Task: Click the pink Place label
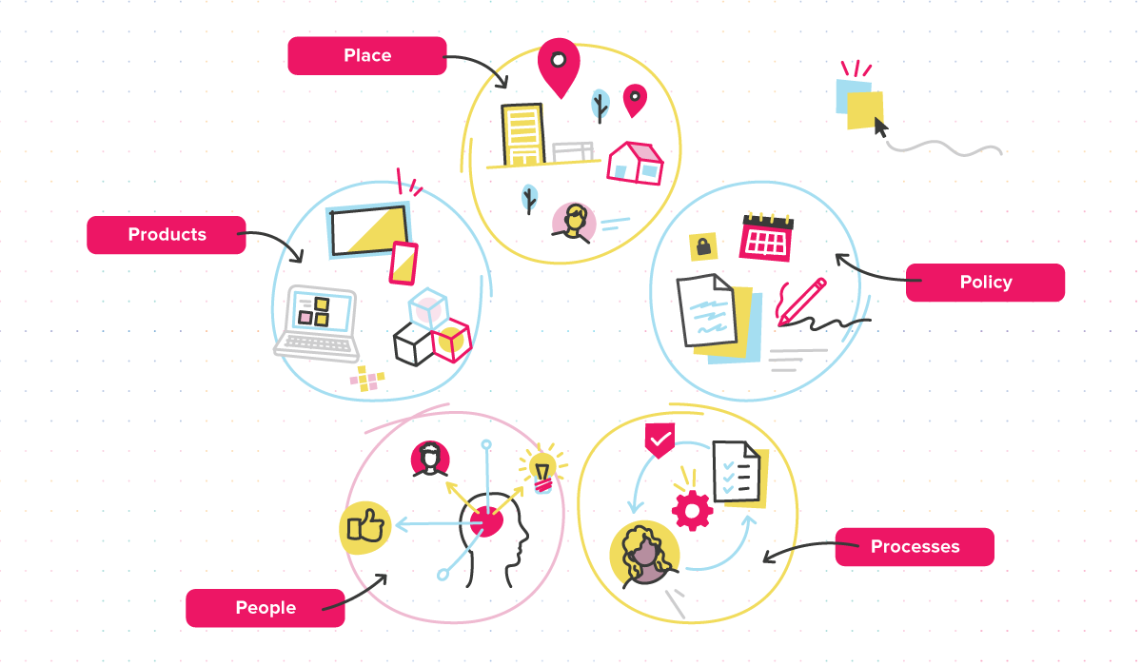click(x=367, y=55)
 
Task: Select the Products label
click(x=167, y=235)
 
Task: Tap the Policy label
click(x=986, y=283)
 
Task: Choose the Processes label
click(x=915, y=547)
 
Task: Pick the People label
click(x=266, y=608)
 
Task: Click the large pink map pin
click(x=559, y=67)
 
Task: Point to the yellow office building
click(x=522, y=134)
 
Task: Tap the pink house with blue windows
click(x=636, y=163)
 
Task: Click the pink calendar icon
click(x=766, y=238)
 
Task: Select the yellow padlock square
click(x=703, y=246)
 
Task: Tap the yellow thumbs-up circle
click(x=365, y=527)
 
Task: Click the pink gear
click(x=692, y=510)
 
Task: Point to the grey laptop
click(x=317, y=324)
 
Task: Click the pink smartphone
click(x=404, y=264)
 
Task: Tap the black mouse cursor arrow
click(x=880, y=127)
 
